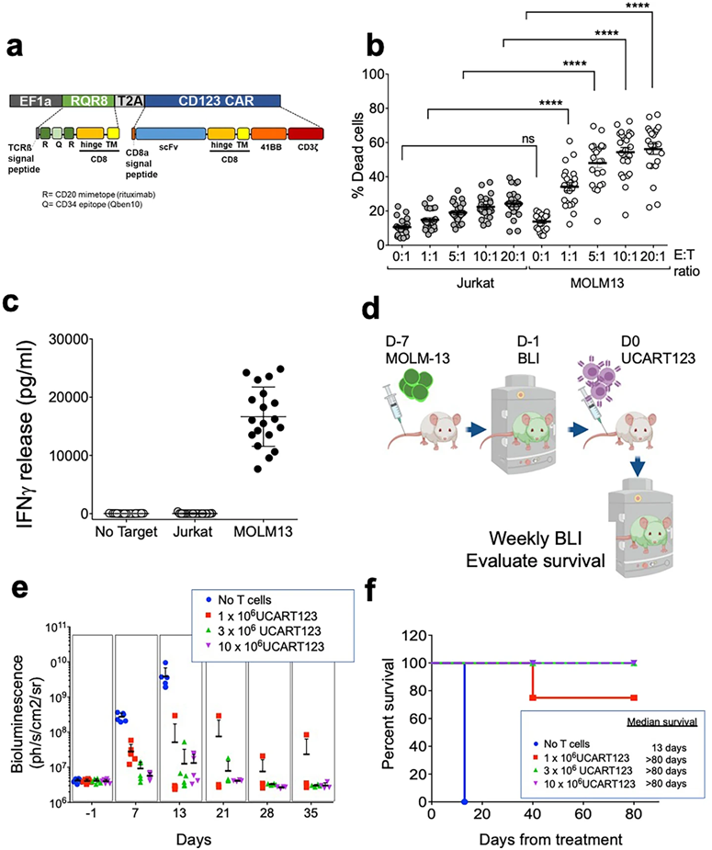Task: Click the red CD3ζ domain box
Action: [305, 133]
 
